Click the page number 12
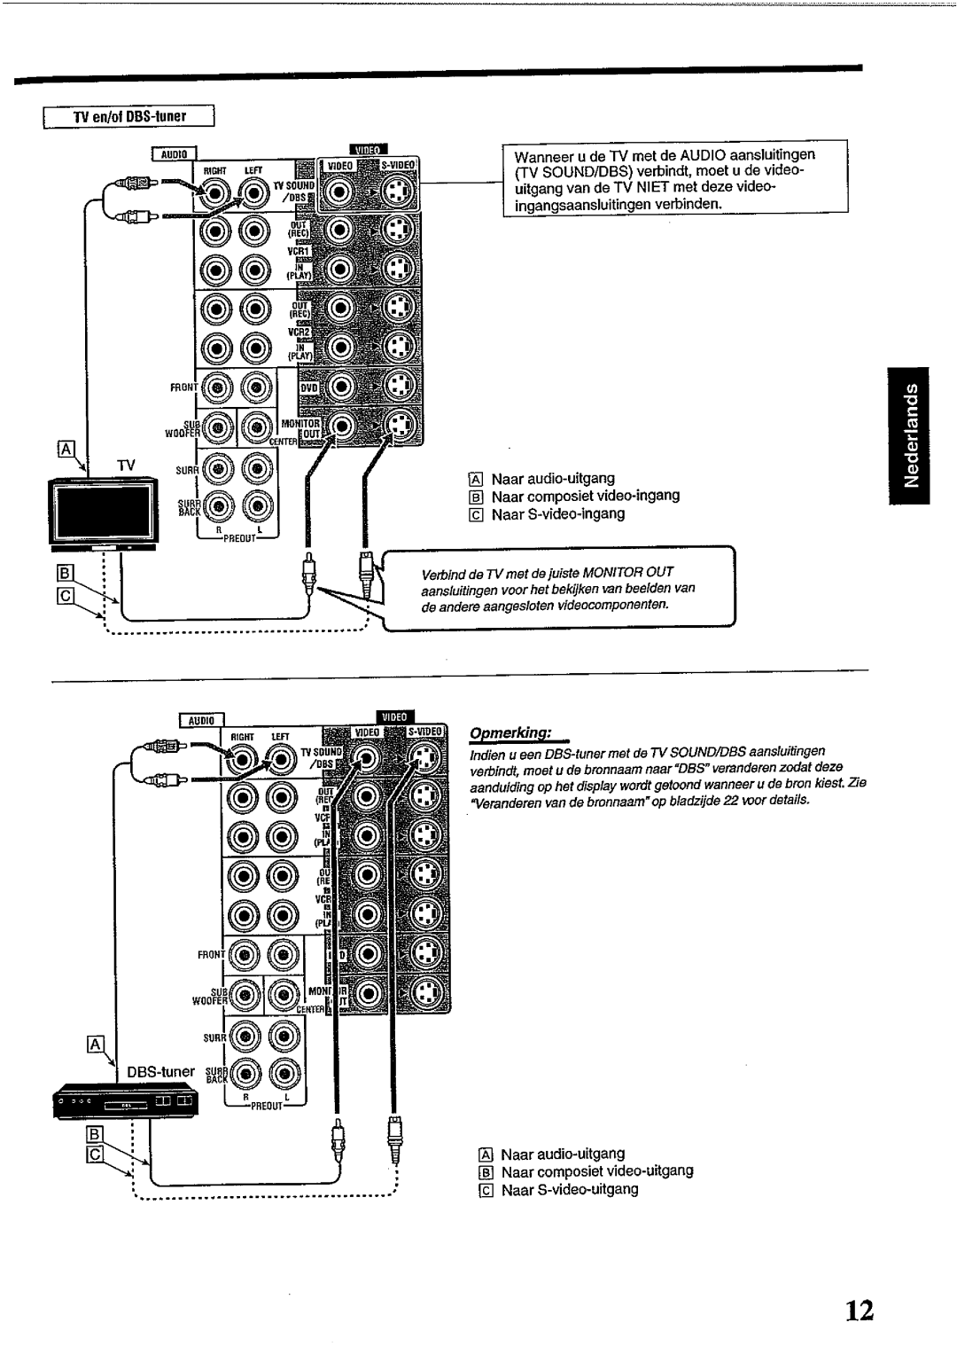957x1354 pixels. tap(858, 1311)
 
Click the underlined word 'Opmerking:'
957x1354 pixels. tap(510, 734)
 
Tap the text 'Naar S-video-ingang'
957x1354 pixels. tap(558, 513)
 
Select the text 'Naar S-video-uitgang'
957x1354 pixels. tap(570, 1189)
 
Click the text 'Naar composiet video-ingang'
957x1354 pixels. tap(586, 496)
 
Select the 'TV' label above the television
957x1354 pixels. tap(127, 465)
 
